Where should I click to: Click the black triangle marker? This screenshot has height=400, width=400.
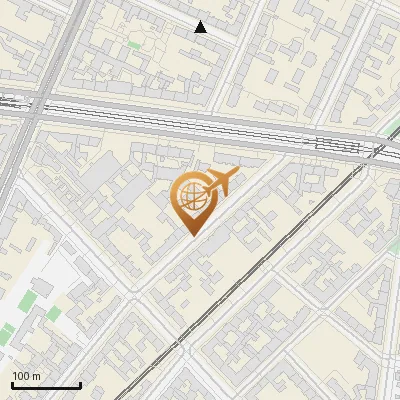click(x=201, y=27)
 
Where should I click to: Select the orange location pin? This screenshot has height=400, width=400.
click(x=191, y=199)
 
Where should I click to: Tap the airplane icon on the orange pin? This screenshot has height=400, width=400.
click(x=219, y=182)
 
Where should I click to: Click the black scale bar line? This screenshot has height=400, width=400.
click(x=45, y=385)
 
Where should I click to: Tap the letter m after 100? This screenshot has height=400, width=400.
click(x=37, y=377)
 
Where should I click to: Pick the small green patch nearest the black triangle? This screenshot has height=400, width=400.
click(x=133, y=44)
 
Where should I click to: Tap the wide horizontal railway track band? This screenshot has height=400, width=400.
click(x=200, y=126)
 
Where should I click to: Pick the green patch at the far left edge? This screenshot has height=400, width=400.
click(x=6, y=334)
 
